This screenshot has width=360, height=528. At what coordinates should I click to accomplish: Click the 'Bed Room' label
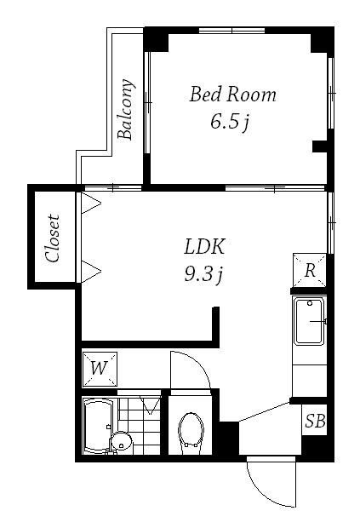232,95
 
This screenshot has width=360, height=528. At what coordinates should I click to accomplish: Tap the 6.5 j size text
230,122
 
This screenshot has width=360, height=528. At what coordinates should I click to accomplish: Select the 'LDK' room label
204,246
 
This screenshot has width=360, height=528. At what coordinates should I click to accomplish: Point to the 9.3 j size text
203,275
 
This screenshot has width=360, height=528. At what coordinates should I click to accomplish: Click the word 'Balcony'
126,109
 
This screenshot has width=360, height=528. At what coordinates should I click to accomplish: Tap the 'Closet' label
53,238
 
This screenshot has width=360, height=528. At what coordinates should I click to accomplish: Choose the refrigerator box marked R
310,270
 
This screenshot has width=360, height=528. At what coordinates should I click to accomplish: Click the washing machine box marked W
100,369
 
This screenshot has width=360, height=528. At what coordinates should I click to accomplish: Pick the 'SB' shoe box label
315,421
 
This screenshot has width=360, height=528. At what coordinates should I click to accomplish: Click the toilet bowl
191,433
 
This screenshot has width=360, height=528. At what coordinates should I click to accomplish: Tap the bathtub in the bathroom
98,426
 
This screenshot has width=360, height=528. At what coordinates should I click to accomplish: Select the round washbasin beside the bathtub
121,443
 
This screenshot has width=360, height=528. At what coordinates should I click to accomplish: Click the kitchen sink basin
309,321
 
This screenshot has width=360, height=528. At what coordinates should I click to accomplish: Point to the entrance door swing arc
263,494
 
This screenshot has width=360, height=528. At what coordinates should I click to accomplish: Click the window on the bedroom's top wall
231,31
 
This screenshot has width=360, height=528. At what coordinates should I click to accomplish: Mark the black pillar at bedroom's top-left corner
156,39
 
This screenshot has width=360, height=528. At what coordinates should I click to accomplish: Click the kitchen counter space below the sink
309,381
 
